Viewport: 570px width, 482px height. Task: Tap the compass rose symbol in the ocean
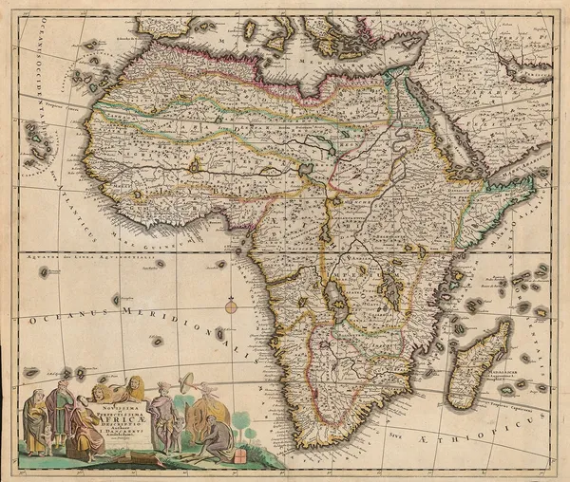tap(231, 306)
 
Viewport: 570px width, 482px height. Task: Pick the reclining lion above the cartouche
tap(120, 386)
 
